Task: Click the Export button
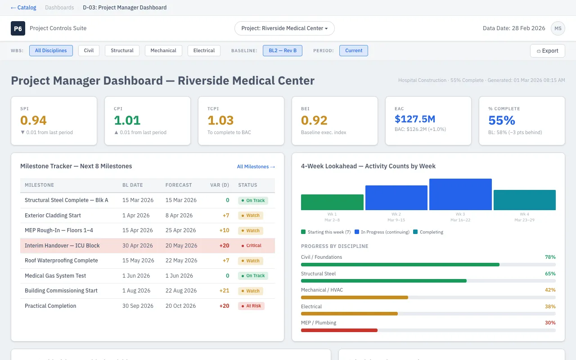547,51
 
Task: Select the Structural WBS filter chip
122,50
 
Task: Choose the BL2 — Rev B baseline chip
283,50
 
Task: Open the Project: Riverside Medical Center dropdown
284,28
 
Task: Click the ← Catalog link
23,8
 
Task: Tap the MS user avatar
558,28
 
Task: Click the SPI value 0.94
34,121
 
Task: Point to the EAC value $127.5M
415,119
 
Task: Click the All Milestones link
256,167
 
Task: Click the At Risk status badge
251,306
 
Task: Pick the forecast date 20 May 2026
181,246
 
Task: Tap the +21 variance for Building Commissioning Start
224,291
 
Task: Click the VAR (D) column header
220,185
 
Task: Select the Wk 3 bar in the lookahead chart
460,194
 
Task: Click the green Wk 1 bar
332,202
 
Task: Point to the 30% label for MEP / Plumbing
550,323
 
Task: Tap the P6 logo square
18,28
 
